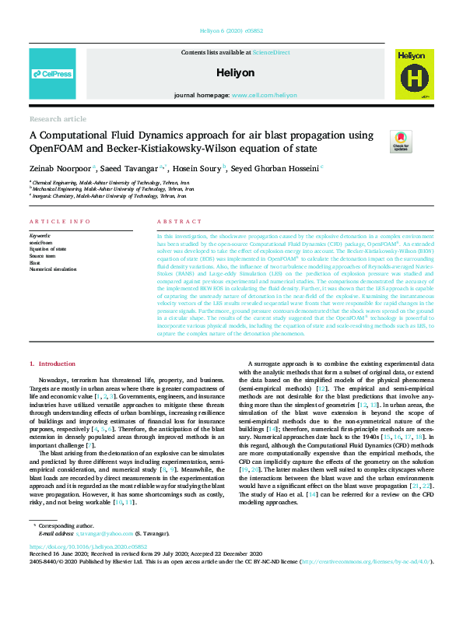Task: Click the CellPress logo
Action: tap(52, 74)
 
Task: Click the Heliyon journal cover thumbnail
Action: tap(410, 75)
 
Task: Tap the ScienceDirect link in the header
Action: tap(271, 52)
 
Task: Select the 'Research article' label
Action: tap(58, 118)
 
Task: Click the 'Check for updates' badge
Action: tap(401, 141)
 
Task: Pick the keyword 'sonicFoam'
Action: tap(41, 241)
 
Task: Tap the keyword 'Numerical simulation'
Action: tap(53, 269)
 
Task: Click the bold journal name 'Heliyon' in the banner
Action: tap(231, 72)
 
